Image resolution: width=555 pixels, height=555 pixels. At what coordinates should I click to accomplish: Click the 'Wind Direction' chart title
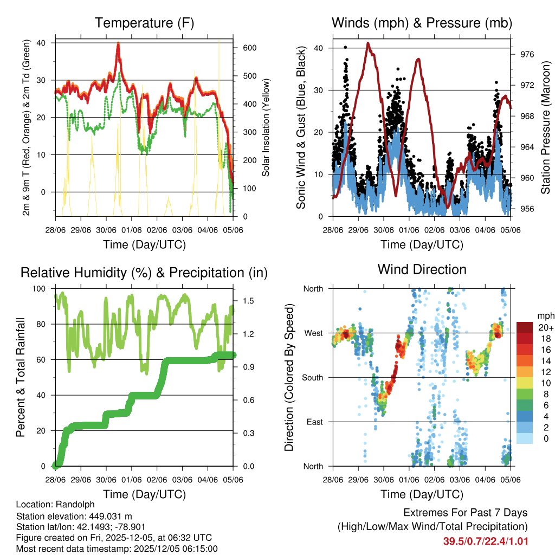coord(422,269)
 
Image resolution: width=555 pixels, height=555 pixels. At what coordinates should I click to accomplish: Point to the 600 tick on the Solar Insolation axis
coord(249,48)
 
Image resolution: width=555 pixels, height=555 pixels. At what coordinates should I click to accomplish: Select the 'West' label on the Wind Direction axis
coord(313,333)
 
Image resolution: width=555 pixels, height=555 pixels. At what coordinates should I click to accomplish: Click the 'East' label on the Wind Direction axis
coord(314,422)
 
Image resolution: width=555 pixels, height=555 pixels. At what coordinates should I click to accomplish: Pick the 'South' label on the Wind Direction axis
coord(312,377)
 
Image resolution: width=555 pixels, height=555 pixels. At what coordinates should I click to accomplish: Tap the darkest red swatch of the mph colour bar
coord(524,327)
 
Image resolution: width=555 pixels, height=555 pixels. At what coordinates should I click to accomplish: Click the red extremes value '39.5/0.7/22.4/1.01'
coord(486,541)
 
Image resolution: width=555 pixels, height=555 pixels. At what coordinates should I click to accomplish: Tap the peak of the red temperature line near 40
coord(118,43)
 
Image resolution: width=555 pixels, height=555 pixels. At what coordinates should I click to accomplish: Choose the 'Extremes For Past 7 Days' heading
coord(465,513)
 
